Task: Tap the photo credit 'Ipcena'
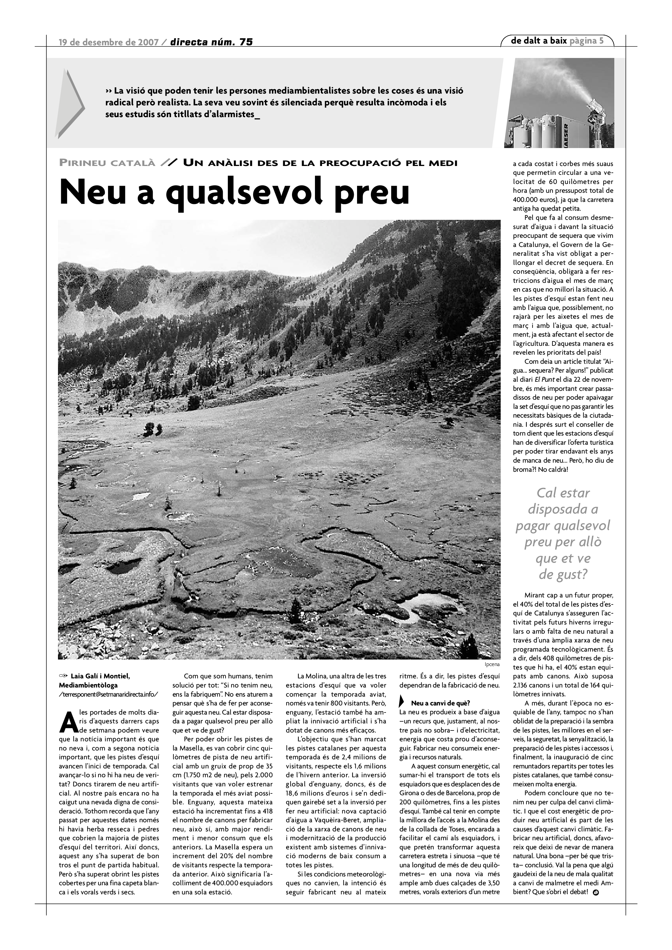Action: [x=492, y=665]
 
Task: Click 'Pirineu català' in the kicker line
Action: [x=107, y=163]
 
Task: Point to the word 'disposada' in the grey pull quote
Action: [x=563, y=509]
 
